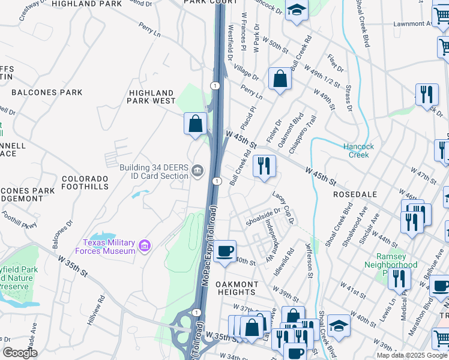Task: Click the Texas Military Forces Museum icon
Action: [x=143, y=246]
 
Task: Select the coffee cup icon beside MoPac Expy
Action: [x=225, y=251]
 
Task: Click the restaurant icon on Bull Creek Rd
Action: [x=264, y=166]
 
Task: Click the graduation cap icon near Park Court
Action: [x=296, y=10]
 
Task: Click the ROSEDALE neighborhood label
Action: [x=355, y=195]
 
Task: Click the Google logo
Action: [x=20, y=353]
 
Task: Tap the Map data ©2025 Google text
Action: [x=411, y=355]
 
